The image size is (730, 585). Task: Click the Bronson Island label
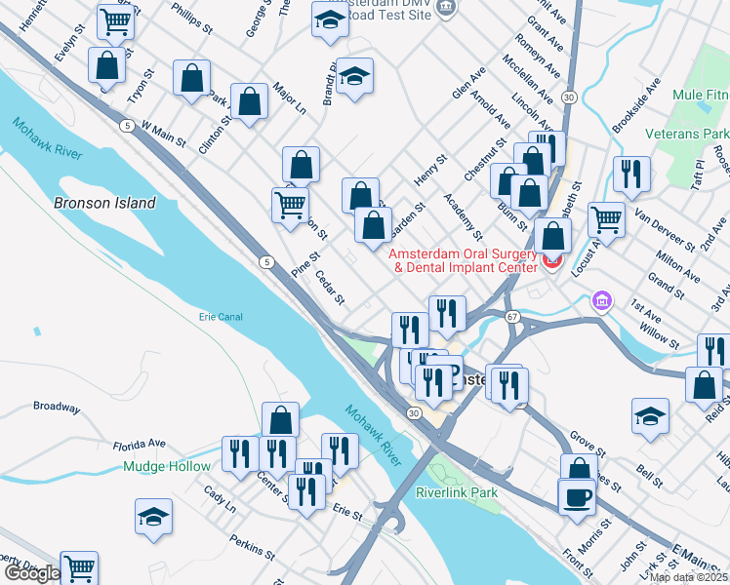105,203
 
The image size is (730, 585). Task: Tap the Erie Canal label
221,317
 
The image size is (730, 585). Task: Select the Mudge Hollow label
167,466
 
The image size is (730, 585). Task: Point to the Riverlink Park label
457,492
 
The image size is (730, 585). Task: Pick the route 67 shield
511,317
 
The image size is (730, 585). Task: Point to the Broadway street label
57,407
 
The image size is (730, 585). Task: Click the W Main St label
164,133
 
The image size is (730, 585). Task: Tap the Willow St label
660,338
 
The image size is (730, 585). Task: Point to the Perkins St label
252,547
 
